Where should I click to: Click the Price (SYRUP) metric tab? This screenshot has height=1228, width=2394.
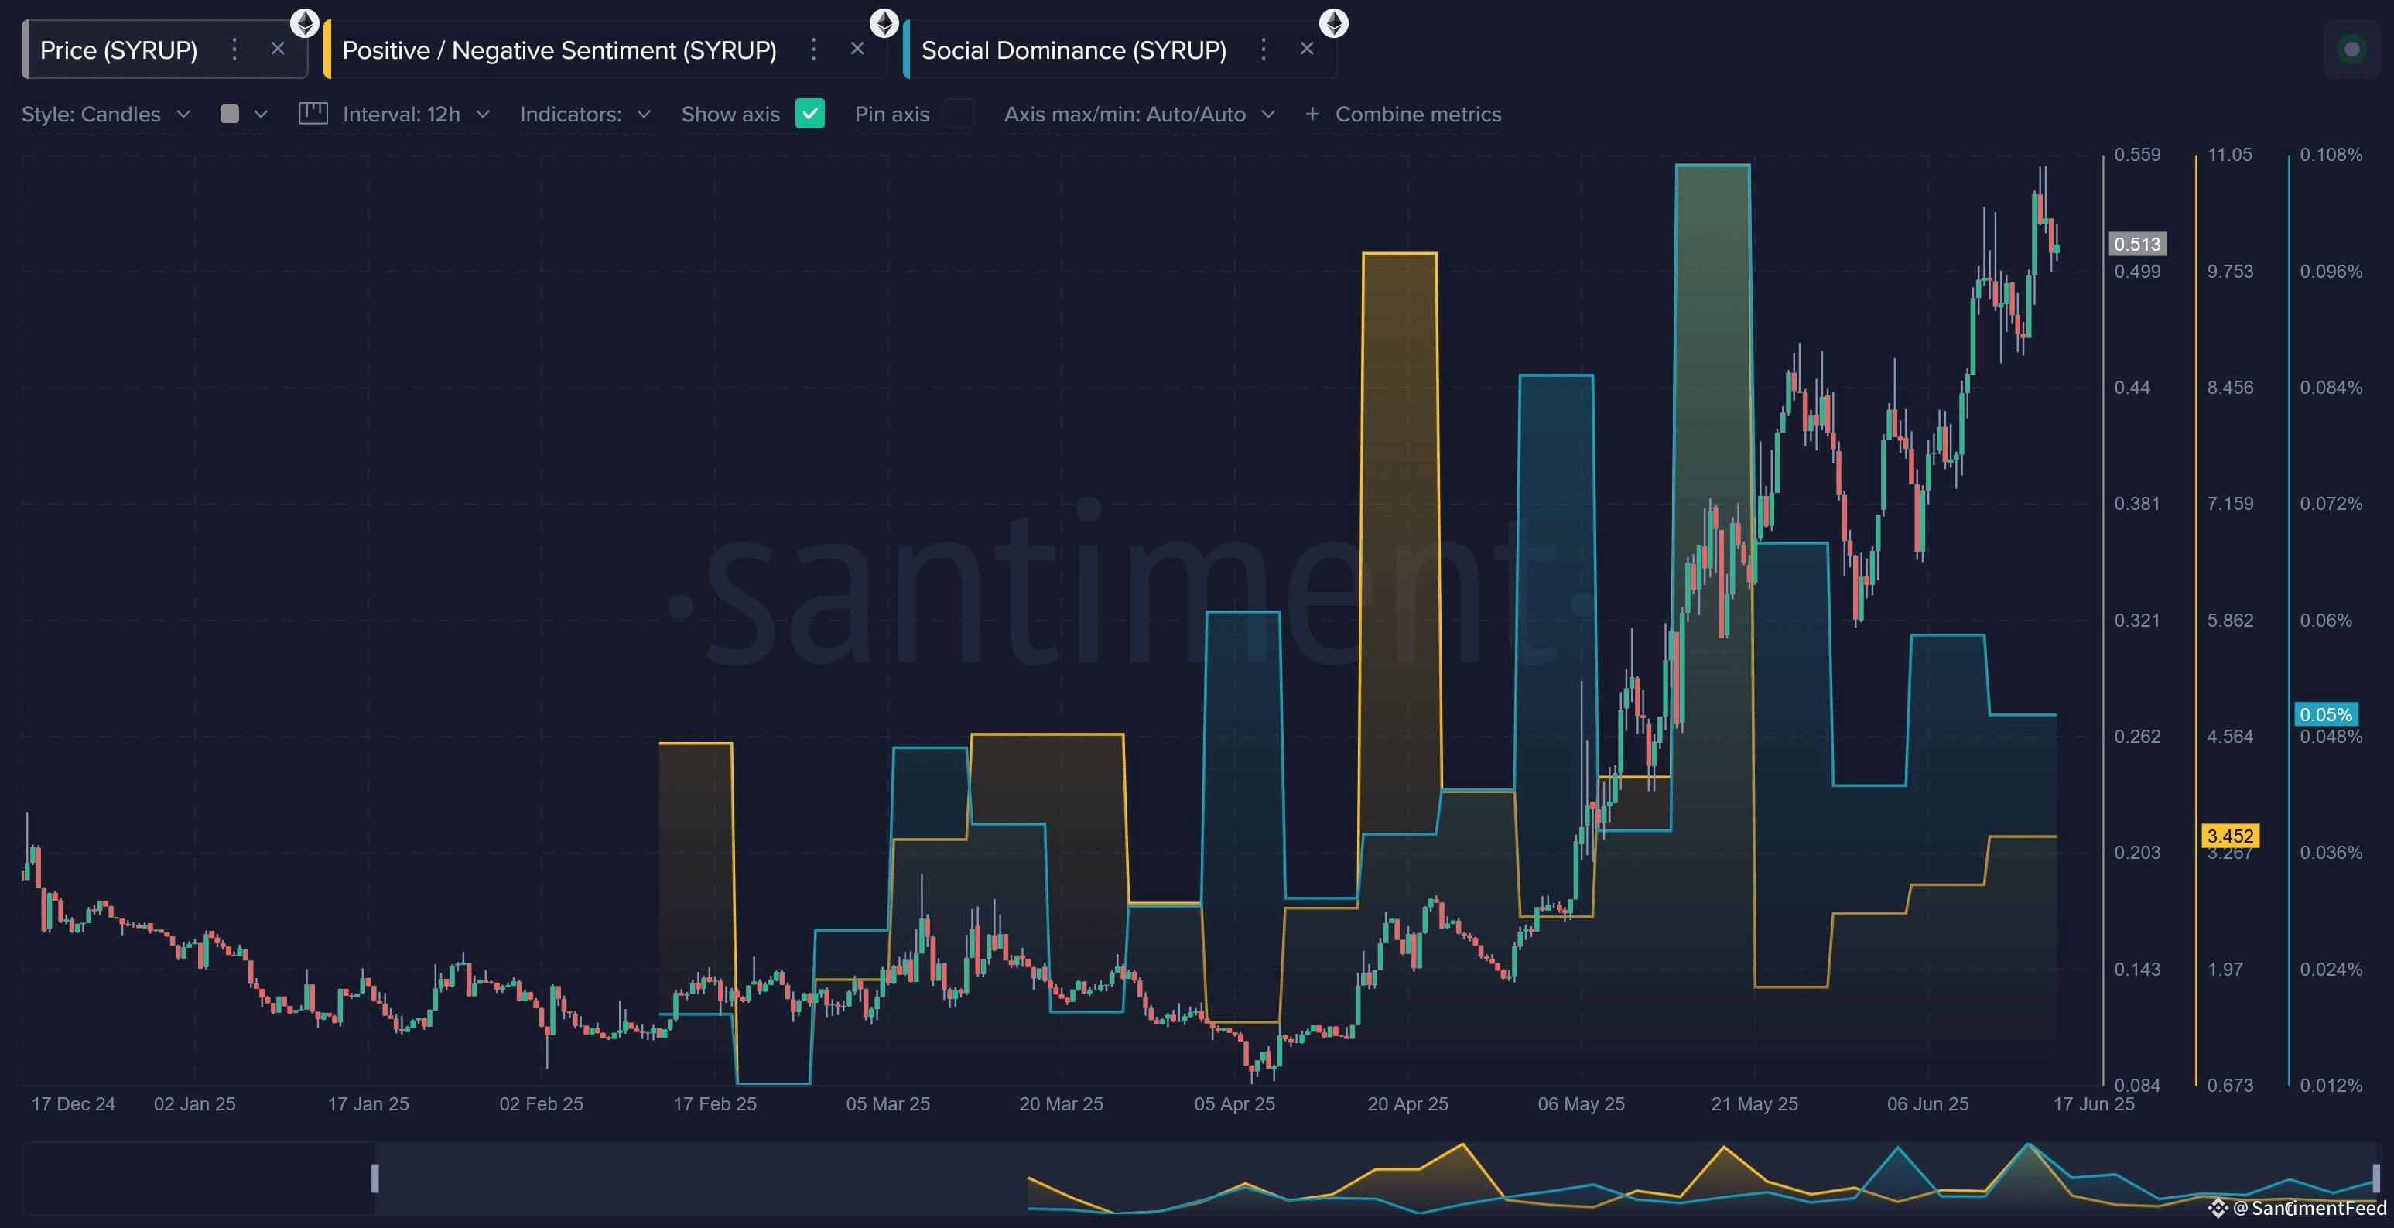point(118,50)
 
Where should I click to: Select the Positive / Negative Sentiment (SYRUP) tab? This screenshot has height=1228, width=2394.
point(559,50)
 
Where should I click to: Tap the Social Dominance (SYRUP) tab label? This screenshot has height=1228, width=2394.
point(1073,50)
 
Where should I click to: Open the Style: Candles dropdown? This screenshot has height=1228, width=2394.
point(106,115)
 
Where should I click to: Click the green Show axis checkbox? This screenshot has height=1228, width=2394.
point(809,114)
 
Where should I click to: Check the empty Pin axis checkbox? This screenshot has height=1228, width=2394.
point(959,114)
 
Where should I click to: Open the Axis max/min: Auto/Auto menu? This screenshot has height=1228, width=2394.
point(1140,115)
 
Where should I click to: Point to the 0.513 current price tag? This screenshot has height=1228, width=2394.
point(2136,244)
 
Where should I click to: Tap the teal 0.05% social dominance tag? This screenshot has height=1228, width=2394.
point(2326,714)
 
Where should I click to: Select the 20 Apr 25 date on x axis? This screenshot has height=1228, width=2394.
point(1407,1103)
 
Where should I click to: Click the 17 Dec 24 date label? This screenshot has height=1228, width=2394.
point(74,1103)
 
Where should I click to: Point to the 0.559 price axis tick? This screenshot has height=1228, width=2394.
point(2136,154)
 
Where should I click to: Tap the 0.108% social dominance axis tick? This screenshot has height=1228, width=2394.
point(2331,154)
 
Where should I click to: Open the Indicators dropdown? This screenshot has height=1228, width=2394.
point(586,115)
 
